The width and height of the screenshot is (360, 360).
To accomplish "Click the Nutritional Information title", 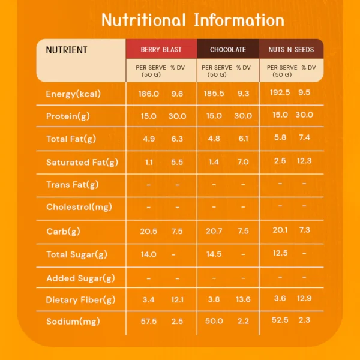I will [193, 20].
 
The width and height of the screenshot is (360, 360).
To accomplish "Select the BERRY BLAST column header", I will [161, 50].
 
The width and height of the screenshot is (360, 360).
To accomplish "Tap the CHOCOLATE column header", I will [228, 50].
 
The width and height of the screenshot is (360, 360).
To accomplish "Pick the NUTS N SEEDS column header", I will [291, 50].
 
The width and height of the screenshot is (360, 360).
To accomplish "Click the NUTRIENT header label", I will [67, 50].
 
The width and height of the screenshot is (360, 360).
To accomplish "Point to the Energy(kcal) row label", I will [73, 94].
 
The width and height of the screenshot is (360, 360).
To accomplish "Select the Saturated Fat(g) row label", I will [82, 162].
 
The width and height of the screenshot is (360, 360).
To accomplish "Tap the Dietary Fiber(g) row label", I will [80, 300].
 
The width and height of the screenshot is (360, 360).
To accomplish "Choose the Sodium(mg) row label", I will [73, 322].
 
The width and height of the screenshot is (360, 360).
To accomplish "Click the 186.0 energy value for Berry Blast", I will [148, 94].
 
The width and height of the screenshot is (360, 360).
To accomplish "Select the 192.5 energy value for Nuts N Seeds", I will [280, 92].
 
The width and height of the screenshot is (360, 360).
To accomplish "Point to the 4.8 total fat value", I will [214, 139].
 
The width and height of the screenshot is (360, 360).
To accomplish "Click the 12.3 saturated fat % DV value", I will [304, 160].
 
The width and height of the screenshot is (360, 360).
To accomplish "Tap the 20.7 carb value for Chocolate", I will [214, 232].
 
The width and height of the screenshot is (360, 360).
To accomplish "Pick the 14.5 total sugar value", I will [214, 254].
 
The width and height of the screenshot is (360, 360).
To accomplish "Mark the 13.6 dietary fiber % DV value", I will [242, 299].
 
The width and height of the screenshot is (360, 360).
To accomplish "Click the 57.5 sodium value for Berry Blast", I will [148, 322].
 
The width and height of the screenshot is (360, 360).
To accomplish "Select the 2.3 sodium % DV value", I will [304, 320].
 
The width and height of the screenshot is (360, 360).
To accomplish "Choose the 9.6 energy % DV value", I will [177, 94].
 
